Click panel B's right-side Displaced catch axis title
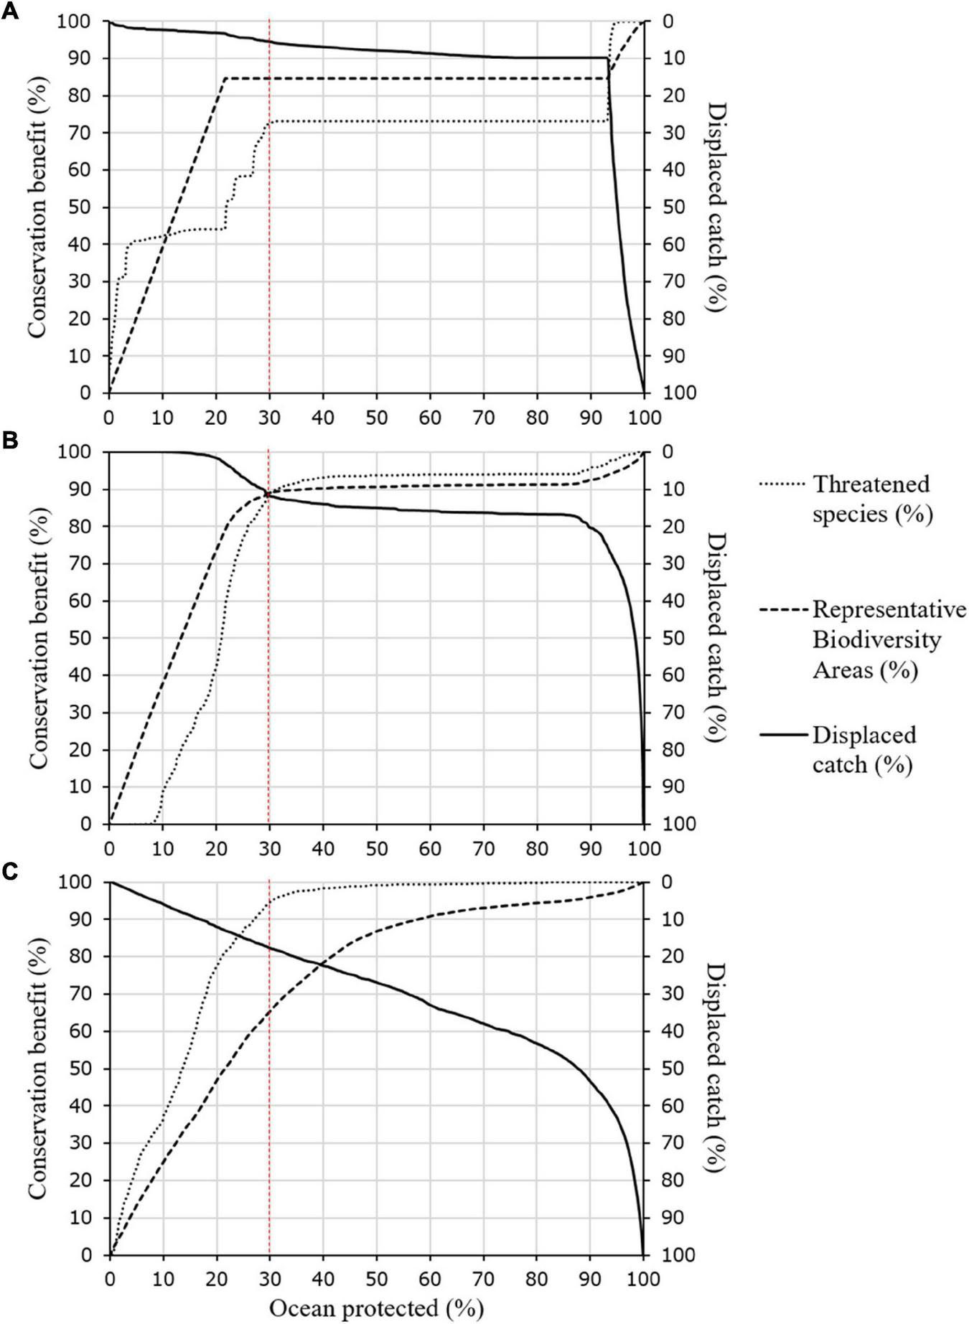tap(715, 637)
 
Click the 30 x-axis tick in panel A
tap(269, 417)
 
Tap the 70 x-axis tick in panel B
tap(483, 848)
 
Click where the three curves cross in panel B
tap(268, 493)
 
